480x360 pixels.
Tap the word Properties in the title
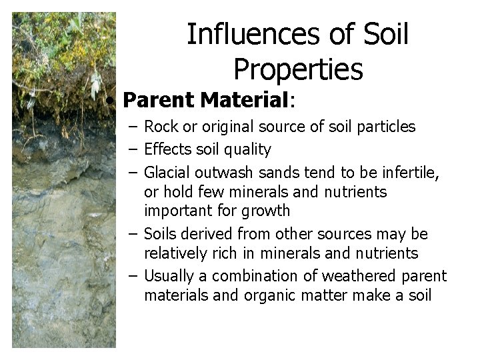click(x=298, y=69)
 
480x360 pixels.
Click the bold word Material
click(x=243, y=101)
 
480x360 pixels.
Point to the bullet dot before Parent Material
click(x=115, y=101)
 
